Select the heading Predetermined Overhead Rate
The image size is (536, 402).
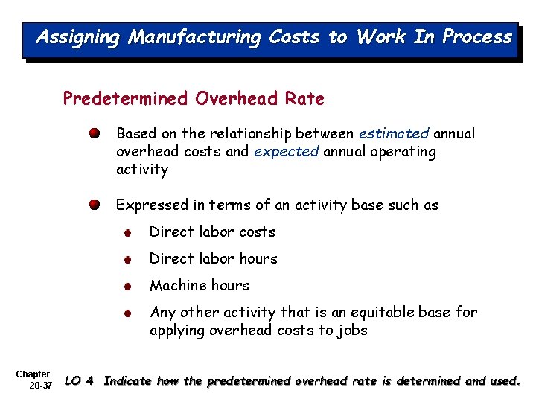pyautogui.click(x=194, y=98)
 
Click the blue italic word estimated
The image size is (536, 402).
pyautogui.click(x=394, y=134)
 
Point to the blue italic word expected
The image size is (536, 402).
pyautogui.click(x=286, y=152)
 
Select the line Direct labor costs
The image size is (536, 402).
pyautogui.click(x=212, y=232)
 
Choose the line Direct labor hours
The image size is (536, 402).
pyautogui.click(x=213, y=259)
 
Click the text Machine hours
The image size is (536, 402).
pyautogui.click(x=199, y=286)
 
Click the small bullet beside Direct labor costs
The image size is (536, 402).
pyautogui.click(x=129, y=233)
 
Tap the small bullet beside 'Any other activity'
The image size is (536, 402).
pyautogui.click(x=129, y=313)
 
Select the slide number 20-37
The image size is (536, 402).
pyautogui.click(x=40, y=386)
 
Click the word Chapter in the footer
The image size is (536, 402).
pyautogui.click(x=33, y=374)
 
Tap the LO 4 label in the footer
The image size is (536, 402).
pyautogui.click(x=80, y=381)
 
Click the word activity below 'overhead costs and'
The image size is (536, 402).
pyautogui.click(x=142, y=170)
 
